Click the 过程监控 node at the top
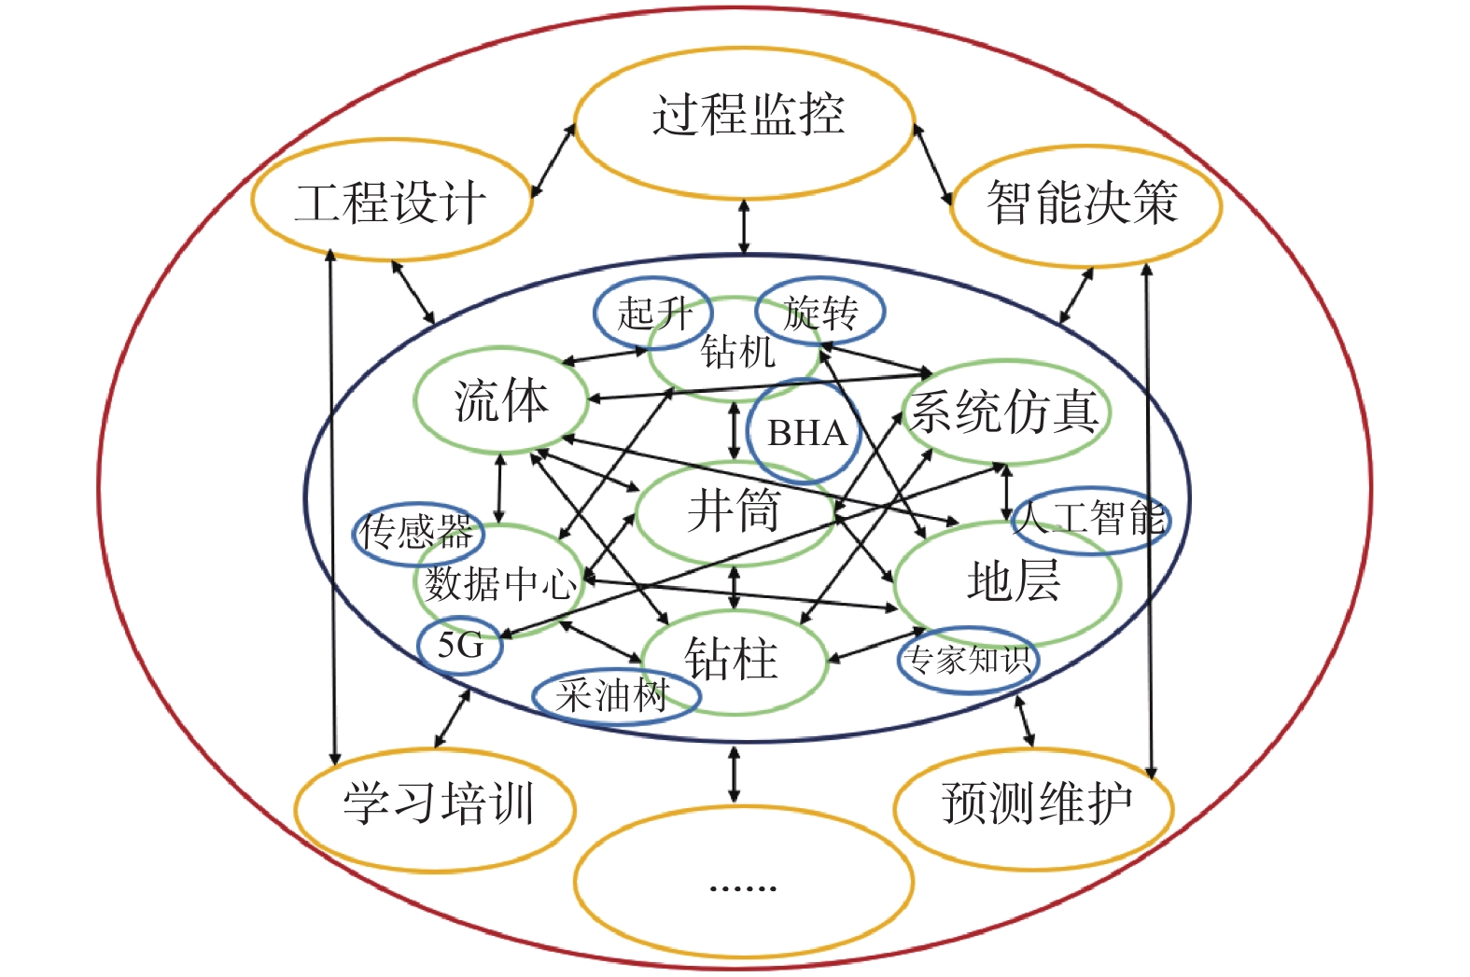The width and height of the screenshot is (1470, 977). (x=746, y=117)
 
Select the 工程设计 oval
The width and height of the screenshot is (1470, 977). (x=390, y=202)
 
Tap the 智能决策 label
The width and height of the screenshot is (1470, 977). (x=1083, y=202)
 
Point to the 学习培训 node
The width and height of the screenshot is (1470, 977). (x=437, y=803)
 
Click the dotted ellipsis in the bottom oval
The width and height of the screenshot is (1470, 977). (x=743, y=886)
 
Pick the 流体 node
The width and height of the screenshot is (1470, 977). (x=501, y=400)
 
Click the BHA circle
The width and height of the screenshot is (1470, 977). (x=805, y=433)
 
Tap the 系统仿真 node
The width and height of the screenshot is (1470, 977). (x=1004, y=412)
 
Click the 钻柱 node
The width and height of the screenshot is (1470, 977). (x=731, y=659)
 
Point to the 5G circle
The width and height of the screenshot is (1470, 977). (x=460, y=645)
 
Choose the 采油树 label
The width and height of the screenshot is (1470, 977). (x=613, y=696)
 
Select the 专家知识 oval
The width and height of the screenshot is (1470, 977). (x=968, y=660)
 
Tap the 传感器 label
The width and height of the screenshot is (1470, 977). (x=417, y=532)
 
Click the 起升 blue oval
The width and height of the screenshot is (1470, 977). (x=652, y=313)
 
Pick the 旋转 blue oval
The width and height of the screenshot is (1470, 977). (x=819, y=312)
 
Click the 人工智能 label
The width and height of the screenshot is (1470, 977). (x=1090, y=518)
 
